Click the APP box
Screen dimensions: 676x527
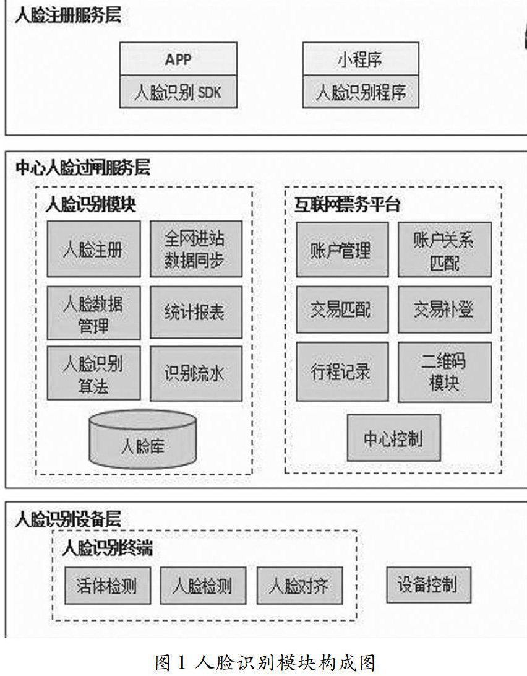point(178,59)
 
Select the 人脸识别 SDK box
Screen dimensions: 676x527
point(178,92)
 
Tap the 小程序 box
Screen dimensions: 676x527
point(360,59)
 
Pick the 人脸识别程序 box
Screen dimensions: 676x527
point(360,92)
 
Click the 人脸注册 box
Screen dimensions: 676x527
point(93,249)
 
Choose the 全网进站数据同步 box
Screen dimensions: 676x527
point(195,249)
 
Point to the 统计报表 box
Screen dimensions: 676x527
point(195,311)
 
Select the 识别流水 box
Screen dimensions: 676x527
point(195,373)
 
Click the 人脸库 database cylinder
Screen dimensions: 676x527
point(143,442)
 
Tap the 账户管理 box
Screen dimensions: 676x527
point(342,249)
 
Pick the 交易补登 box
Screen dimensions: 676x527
point(444,310)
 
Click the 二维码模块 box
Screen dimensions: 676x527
point(444,372)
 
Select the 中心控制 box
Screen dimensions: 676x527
point(393,438)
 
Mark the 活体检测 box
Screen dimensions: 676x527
point(107,584)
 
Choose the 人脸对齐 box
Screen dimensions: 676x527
point(298,584)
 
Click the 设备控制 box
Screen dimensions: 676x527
point(427,583)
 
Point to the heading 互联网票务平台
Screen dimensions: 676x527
point(347,205)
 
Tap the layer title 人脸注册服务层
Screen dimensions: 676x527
point(68,15)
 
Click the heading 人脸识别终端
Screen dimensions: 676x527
point(108,548)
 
